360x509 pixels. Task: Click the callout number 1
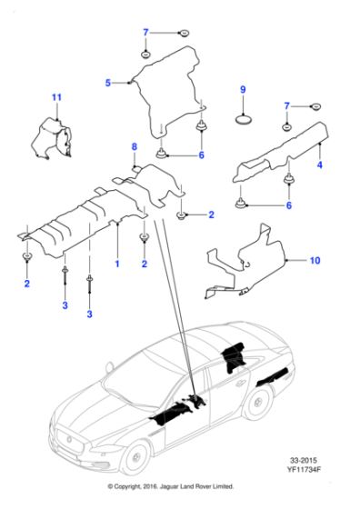116,263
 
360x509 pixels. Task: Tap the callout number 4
320,166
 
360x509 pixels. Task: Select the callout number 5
107,83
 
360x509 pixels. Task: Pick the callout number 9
243,89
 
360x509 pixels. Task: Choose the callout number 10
315,261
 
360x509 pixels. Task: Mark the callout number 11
56,96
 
